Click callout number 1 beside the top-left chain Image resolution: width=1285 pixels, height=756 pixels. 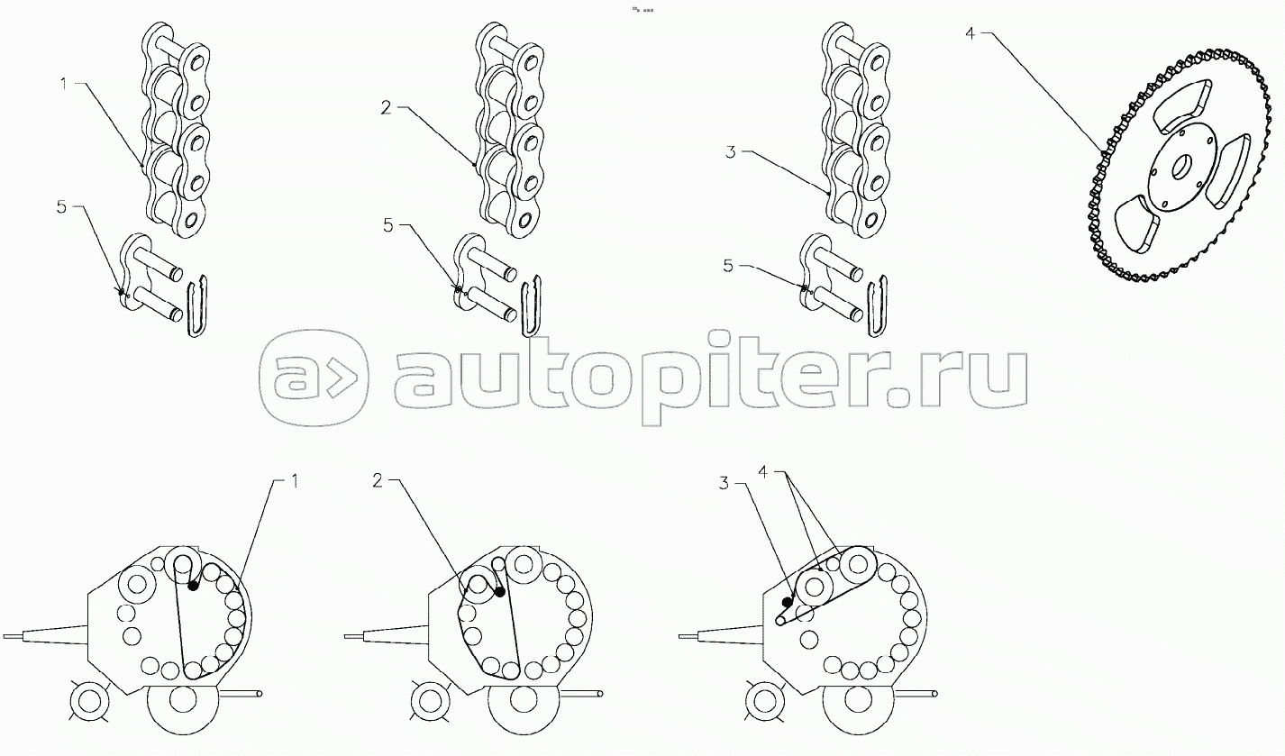63,84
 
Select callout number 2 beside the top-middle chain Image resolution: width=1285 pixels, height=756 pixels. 386,108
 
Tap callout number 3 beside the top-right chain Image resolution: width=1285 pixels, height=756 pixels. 731,152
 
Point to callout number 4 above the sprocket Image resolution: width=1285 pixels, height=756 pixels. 969,34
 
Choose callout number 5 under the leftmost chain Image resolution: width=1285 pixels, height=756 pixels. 61,206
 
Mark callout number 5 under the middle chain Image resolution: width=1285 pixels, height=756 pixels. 388,224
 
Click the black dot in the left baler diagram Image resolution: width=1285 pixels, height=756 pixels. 193,586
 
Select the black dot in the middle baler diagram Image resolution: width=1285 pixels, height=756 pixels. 499,592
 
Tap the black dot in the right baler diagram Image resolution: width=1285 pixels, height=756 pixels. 787,602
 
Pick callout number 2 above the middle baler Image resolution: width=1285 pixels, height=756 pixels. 378,480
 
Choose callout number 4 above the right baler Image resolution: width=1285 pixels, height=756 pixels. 762,471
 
